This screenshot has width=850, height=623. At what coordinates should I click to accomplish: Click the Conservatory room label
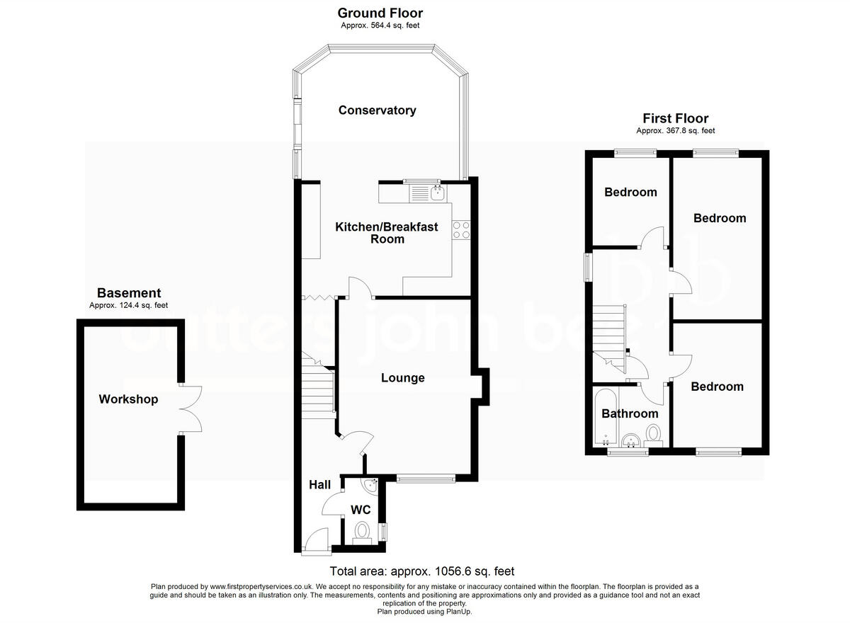pos(377,110)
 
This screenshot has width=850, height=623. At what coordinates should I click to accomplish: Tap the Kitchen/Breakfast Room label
pos(387,233)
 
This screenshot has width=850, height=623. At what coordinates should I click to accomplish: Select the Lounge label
pos(402,378)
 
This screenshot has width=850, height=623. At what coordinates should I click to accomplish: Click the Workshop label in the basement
pos(128,399)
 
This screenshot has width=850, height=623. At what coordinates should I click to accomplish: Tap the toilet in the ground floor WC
pos(362,532)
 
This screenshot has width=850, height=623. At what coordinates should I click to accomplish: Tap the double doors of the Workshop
pos(191,409)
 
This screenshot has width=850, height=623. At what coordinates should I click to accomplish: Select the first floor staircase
pos(610,336)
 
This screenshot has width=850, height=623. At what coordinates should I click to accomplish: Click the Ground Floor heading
pos(380,13)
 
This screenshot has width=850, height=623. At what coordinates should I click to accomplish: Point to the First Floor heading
pos(675,118)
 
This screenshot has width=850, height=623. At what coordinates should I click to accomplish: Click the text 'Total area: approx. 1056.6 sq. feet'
pos(422,571)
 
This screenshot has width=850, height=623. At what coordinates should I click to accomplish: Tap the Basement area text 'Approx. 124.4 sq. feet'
pos(128,306)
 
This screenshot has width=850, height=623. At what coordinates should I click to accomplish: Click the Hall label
pos(319,485)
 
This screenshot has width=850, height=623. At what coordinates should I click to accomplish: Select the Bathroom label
pos(630,413)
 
